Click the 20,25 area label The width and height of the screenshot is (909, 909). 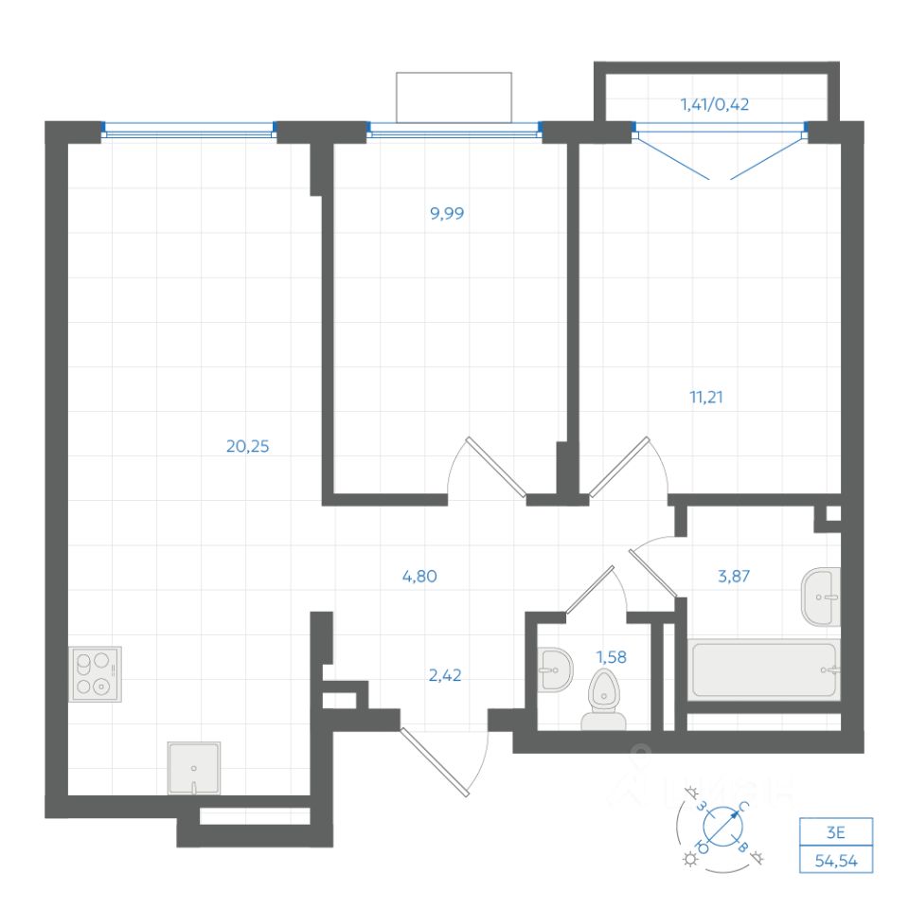coord(248,447)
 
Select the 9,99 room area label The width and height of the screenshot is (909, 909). coord(447,213)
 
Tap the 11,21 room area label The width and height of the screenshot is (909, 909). coord(711,397)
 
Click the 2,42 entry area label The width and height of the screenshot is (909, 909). coord(444,675)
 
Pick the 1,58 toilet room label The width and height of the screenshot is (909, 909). coord(612,653)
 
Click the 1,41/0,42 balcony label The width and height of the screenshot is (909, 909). coord(715,105)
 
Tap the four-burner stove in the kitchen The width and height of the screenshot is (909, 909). coord(96,673)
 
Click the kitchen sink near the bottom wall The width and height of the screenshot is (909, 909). coord(194,768)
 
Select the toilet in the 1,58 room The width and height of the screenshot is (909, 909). coord(601,701)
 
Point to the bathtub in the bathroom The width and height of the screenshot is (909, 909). coord(765,671)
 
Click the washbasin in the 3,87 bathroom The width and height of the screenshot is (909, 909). coord(821,597)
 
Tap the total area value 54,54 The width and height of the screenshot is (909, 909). coord(835,861)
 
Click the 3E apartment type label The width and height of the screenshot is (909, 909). coord(835,833)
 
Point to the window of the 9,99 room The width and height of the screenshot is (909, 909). coord(454,132)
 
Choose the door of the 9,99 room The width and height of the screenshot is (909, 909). coord(488,469)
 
